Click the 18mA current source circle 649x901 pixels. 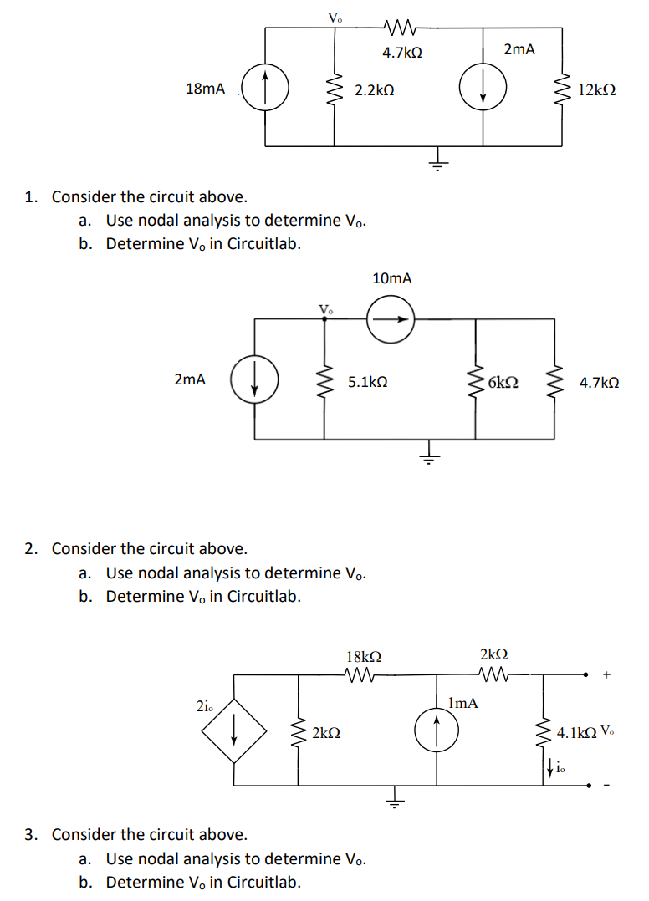click(x=265, y=88)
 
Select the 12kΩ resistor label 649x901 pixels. click(x=597, y=89)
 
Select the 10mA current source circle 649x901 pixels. click(x=391, y=318)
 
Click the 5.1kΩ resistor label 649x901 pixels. click(x=368, y=382)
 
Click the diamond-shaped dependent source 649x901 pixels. click(x=234, y=730)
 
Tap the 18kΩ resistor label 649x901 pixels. click(x=364, y=656)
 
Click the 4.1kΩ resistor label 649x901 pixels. click(x=576, y=733)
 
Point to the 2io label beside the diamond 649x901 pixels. click(x=204, y=706)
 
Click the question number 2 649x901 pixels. click(x=30, y=549)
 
